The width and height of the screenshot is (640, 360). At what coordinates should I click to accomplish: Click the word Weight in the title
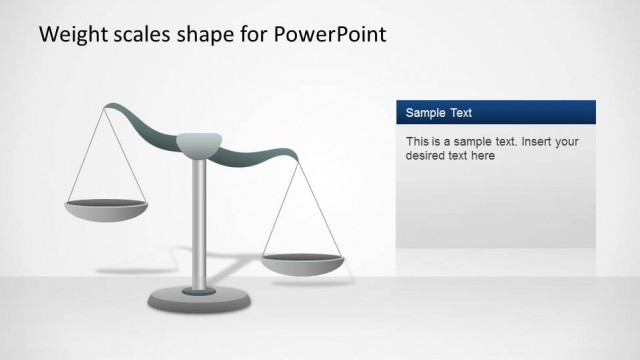[x=71, y=34]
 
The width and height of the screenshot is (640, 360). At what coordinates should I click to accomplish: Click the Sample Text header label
[x=439, y=113]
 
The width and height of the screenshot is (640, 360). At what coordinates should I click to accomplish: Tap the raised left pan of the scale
[x=106, y=210]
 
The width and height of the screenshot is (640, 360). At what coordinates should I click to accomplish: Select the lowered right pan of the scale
[x=302, y=263]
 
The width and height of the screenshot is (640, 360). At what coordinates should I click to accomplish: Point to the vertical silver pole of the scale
[x=199, y=220]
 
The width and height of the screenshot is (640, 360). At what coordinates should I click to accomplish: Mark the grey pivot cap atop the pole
[x=199, y=144]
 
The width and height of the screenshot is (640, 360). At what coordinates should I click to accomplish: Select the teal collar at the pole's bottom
[x=199, y=290]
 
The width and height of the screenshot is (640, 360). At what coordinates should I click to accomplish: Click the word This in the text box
[x=418, y=142]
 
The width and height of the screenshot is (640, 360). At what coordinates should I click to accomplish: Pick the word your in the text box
[x=565, y=142]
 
